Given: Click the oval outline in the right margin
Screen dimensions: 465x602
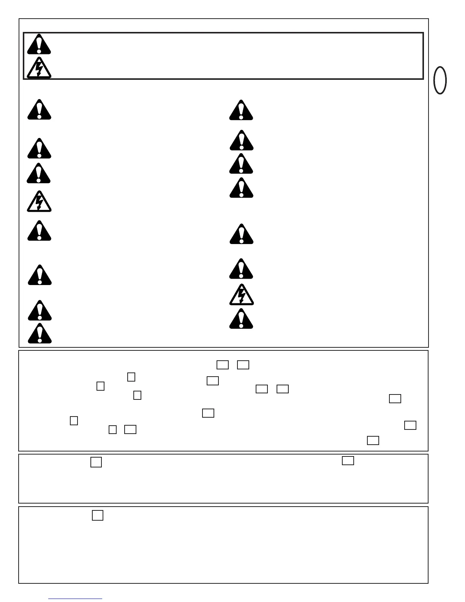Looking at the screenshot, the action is (x=440, y=80).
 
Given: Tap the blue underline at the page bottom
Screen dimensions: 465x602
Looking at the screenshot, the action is (x=75, y=599).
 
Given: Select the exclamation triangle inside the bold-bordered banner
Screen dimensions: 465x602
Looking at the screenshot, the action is (x=39, y=45).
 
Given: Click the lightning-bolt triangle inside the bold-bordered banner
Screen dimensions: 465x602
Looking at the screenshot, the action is (x=39, y=68).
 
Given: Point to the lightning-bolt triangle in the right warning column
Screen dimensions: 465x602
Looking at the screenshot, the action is (x=241, y=295).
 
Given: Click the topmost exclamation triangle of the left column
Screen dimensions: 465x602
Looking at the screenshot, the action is (x=39, y=110).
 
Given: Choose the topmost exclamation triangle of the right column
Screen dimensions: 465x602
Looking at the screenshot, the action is (x=241, y=111).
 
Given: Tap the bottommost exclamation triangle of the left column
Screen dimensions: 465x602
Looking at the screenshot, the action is (x=40, y=334).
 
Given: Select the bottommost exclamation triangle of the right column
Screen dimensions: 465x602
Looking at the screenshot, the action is (x=241, y=319).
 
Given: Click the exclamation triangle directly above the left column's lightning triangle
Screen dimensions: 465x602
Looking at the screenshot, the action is (x=38, y=174).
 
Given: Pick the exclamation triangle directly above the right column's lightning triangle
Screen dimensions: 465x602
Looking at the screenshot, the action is (x=241, y=269).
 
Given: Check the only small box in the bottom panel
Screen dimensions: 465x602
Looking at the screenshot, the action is (x=98, y=515).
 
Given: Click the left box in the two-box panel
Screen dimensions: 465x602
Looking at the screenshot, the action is (x=96, y=462).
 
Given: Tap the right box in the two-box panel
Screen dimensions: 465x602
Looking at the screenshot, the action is (x=348, y=461).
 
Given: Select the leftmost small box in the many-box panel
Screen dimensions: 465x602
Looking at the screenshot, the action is (x=74, y=421).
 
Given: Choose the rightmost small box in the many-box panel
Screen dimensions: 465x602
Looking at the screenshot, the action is (x=410, y=425).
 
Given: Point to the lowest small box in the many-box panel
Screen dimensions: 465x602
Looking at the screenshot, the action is (x=373, y=440).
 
